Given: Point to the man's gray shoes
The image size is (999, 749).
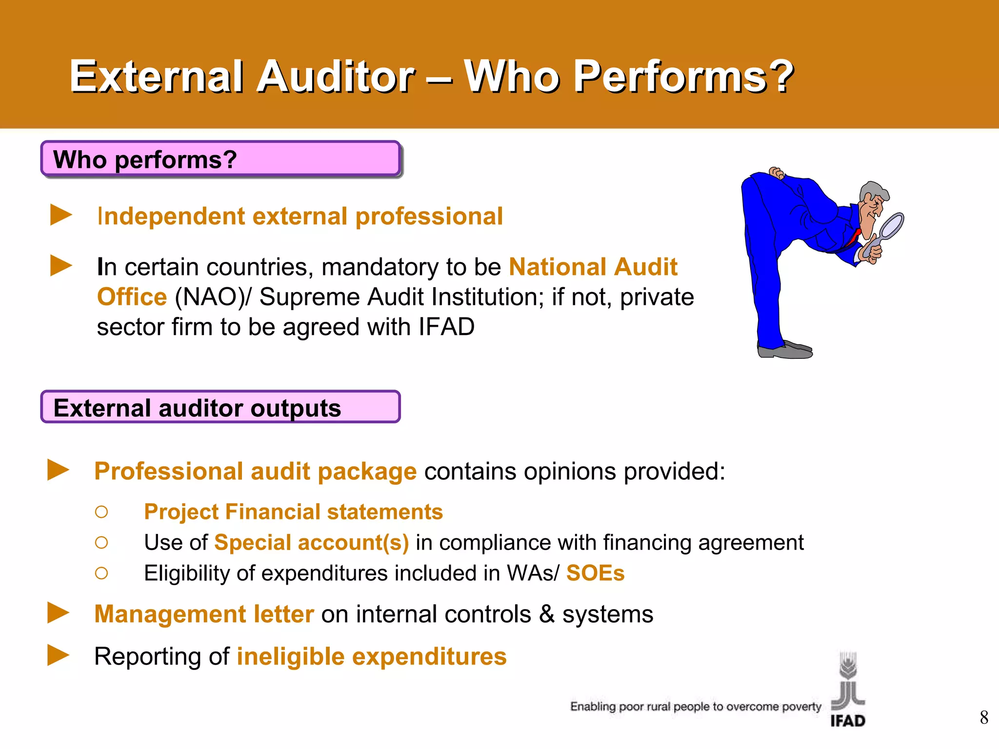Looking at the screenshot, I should tap(785, 350).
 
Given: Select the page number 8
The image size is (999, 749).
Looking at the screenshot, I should tap(984, 717).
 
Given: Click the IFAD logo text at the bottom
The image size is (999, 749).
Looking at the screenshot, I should tap(848, 721).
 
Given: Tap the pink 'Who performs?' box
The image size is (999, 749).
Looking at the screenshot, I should tap(220, 159).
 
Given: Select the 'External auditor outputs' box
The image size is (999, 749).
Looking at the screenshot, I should tap(220, 407).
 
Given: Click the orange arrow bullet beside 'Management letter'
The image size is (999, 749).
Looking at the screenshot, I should tap(59, 613).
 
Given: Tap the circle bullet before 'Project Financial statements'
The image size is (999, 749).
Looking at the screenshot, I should tap(101, 512).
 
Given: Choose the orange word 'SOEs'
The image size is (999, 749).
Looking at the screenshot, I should tap(595, 573).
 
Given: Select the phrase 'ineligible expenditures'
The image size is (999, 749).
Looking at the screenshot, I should tap(372, 656).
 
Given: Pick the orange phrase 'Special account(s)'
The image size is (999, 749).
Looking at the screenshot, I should tap(311, 542).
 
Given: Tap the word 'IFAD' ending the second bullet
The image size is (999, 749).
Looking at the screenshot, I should tap(446, 327).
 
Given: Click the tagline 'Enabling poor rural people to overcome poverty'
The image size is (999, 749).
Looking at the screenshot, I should tap(696, 707).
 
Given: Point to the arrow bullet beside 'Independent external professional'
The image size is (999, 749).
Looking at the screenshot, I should tap(61, 215).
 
